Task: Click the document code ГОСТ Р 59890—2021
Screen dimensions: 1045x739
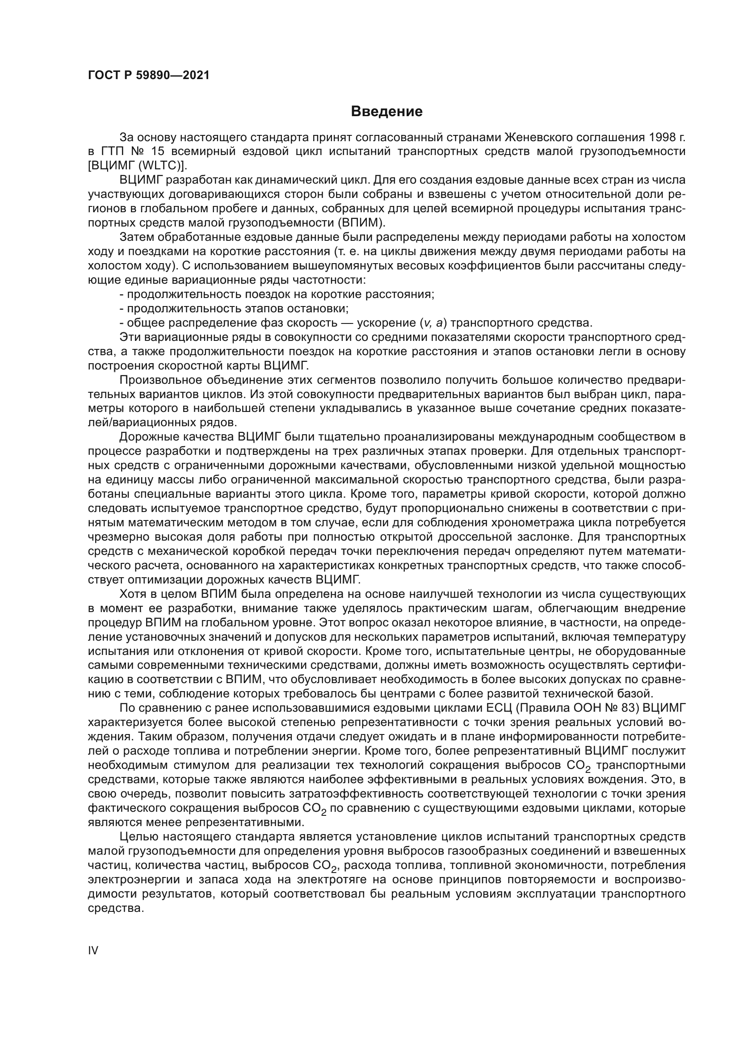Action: [148, 76]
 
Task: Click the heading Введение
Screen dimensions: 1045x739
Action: [386, 112]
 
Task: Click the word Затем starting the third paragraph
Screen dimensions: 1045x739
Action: [136, 237]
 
